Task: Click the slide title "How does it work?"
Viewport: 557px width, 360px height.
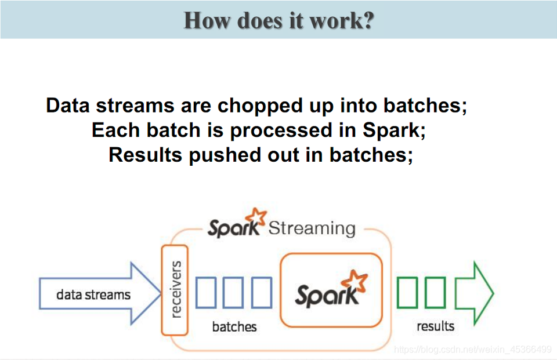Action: (x=278, y=20)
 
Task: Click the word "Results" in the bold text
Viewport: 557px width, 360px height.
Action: (x=146, y=155)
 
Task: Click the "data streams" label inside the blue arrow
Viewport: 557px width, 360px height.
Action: (x=93, y=294)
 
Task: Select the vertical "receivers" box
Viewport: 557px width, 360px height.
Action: (x=175, y=289)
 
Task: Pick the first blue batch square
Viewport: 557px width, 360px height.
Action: (x=206, y=292)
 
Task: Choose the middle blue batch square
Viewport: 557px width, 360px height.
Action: (x=233, y=292)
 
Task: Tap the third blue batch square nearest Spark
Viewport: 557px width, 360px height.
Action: (x=261, y=292)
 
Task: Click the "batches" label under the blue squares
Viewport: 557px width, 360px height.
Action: (x=234, y=327)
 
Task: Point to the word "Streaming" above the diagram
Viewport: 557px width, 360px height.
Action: (x=312, y=228)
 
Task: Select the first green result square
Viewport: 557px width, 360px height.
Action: (x=407, y=292)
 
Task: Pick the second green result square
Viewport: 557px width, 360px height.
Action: (x=435, y=292)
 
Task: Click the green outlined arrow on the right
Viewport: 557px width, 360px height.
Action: (x=473, y=293)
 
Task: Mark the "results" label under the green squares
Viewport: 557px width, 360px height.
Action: (x=435, y=326)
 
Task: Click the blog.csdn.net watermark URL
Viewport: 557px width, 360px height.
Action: (x=472, y=350)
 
